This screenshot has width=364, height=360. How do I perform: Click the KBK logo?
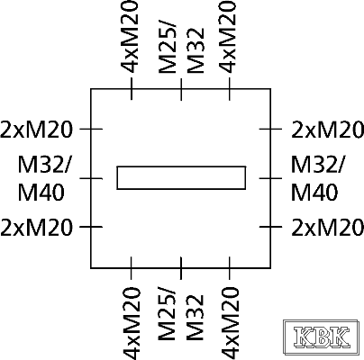coord(321,337)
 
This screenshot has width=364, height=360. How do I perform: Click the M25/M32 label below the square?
coord(181,318)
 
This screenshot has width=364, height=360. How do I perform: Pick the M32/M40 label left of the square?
coord(45,178)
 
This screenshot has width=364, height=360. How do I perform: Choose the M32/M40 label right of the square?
coord(318,178)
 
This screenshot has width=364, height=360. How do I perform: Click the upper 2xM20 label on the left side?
coord(37,130)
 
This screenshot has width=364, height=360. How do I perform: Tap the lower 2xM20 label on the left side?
coord(37,227)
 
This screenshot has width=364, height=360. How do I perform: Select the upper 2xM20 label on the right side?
coord(328,130)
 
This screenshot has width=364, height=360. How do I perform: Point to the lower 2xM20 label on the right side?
coord(328,227)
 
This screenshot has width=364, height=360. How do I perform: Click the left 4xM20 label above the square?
coord(130,37)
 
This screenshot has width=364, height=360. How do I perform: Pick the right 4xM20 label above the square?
coord(228,37)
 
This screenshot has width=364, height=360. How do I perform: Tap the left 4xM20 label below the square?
coord(132,323)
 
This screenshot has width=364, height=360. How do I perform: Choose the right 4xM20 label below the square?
coord(230,323)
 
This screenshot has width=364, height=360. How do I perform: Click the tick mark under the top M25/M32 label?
coord(181,89)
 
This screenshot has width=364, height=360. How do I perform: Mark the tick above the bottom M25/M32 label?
coord(181,268)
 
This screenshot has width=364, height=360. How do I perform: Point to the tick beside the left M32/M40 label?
coord(91,178)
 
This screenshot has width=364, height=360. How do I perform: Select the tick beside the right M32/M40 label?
coord(270,178)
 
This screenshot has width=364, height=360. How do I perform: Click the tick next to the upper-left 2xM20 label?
coord(91,129)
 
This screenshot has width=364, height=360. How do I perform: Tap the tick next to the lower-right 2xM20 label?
coord(270,227)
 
